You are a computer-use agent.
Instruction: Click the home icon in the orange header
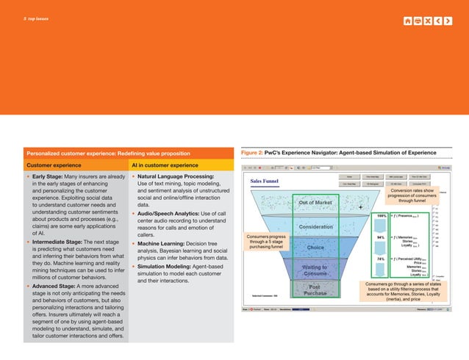408,20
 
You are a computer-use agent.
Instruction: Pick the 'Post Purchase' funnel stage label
315,289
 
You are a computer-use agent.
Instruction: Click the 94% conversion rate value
380,237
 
